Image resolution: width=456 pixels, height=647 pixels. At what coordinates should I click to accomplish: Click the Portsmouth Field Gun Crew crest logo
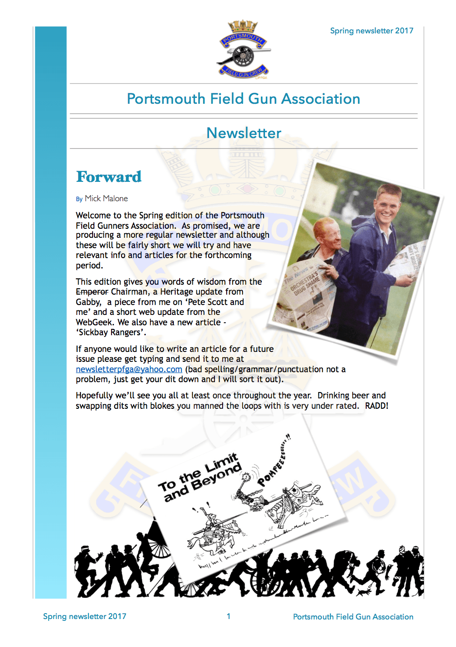243,50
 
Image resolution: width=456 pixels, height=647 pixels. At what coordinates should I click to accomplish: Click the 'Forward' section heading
109,177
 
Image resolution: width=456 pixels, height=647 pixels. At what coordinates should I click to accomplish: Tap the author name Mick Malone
106,199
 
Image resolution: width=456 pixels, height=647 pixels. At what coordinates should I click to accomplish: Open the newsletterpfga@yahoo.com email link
129,370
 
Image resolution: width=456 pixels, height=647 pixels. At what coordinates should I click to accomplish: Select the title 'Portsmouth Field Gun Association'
243,99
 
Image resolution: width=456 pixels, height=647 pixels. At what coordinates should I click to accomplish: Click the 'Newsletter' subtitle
244,133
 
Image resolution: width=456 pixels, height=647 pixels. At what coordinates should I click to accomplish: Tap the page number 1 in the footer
228,616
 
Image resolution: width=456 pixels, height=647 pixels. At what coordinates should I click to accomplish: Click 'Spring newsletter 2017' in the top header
372,31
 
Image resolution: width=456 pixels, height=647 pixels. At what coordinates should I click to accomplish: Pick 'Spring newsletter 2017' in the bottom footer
84,616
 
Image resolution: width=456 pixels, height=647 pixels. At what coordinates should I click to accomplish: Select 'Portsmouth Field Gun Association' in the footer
353,617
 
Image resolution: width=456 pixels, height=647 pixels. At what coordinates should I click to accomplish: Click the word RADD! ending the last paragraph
377,406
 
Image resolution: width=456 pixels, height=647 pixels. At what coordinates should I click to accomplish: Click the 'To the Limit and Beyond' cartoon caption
200,477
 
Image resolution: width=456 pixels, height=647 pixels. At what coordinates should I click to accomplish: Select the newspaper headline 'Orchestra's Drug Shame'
305,283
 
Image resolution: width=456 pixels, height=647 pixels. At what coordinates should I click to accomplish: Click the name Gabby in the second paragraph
88,302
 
